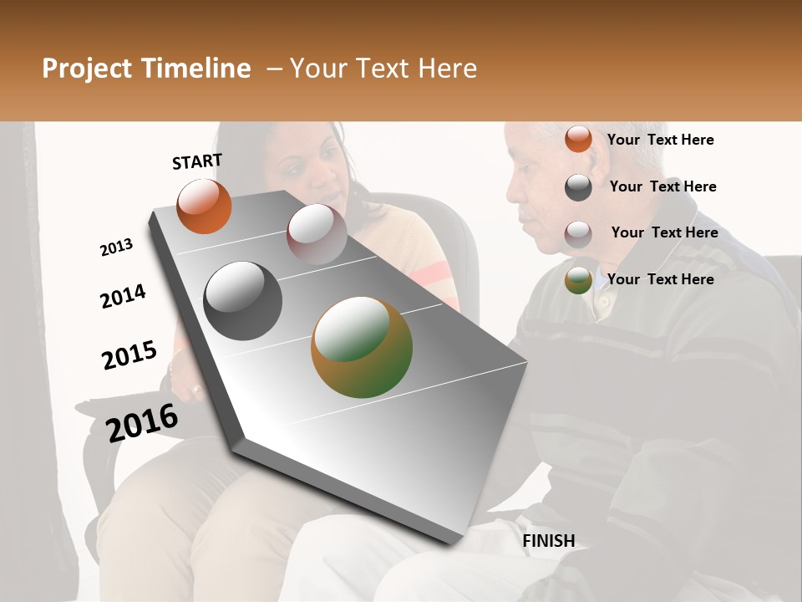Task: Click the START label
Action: [197, 161]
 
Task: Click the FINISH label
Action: [549, 541]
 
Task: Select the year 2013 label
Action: [116, 247]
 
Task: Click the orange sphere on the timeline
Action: [204, 207]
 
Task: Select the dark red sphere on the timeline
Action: [317, 233]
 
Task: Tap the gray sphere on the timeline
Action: [242, 300]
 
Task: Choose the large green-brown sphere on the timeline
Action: [362, 346]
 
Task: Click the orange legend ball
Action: [578, 140]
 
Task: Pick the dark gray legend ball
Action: [578, 187]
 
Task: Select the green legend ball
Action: [578, 280]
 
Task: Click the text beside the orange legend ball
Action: [660, 140]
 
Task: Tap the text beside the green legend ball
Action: [660, 279]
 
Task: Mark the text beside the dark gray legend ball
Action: [662, 186]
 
